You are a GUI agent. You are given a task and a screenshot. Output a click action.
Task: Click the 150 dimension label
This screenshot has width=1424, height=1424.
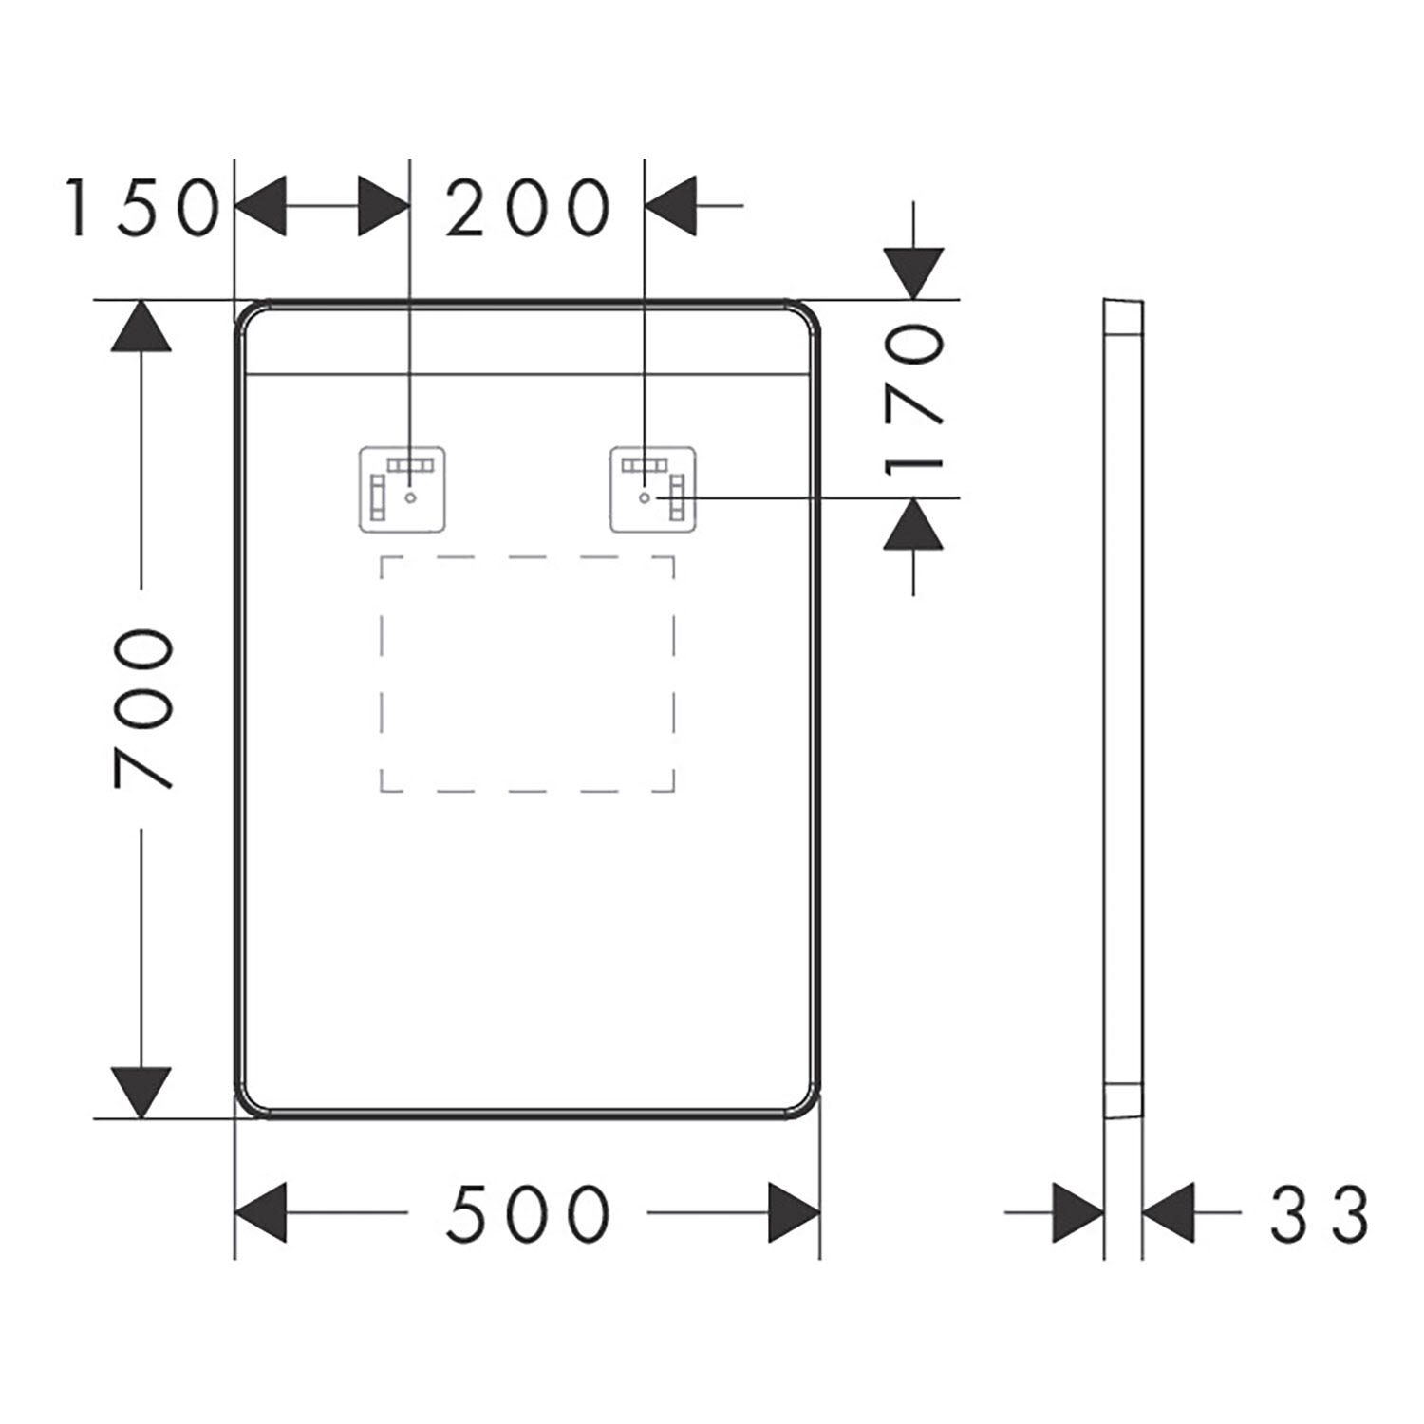point(141,207)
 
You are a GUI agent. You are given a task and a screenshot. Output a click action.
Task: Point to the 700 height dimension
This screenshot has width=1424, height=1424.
point(142,708)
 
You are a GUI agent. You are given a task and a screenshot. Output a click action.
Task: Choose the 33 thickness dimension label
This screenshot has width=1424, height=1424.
point(1320,1213)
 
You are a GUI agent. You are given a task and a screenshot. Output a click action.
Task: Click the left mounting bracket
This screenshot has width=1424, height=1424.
point(403,489)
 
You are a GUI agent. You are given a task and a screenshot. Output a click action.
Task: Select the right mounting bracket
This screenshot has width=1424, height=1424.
point(653,489)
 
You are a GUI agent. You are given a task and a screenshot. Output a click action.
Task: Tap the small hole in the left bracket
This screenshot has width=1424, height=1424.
point(410,497)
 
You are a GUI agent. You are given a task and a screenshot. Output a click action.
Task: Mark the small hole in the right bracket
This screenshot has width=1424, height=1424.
point(645,497)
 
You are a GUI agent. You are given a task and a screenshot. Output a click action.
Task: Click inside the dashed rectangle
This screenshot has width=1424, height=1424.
point(528,673)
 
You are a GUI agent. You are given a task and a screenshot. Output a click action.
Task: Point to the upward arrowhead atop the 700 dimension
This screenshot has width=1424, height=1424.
point(141,327)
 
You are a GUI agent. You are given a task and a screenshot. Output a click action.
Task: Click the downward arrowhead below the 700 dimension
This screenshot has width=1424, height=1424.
point(141,1093)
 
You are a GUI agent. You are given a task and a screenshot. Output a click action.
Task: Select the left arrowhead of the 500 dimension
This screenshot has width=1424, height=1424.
point(261,1213)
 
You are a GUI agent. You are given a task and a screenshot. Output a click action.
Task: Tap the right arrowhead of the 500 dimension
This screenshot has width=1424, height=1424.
point(794,1213)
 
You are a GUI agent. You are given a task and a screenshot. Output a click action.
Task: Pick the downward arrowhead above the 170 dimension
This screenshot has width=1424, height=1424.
point(913,274)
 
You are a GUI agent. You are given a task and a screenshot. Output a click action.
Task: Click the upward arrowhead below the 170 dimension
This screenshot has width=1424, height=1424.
point(913,523)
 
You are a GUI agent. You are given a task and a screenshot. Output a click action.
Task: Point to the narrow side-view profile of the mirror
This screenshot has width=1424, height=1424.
point(1124,708)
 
